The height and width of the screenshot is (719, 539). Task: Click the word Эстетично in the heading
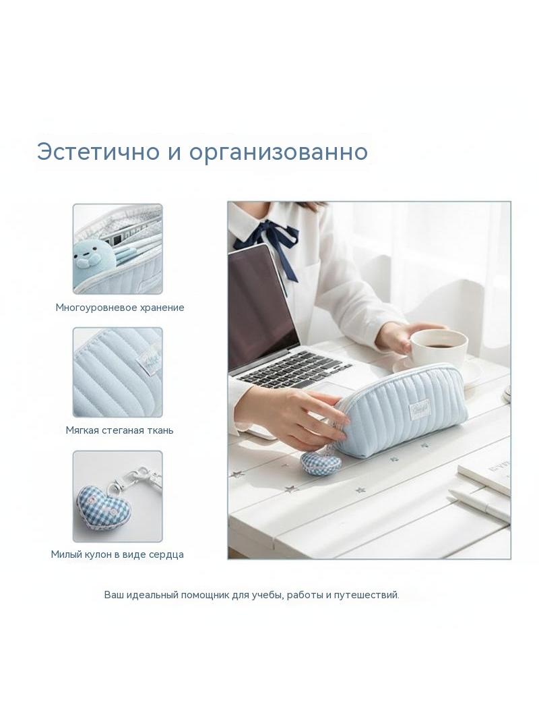click(98, 151)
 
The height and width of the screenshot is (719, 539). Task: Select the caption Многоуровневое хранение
click(119, 307)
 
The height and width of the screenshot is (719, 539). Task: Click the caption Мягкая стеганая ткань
click(119, 430)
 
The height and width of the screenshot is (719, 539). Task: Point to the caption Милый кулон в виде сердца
click(117, 554)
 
